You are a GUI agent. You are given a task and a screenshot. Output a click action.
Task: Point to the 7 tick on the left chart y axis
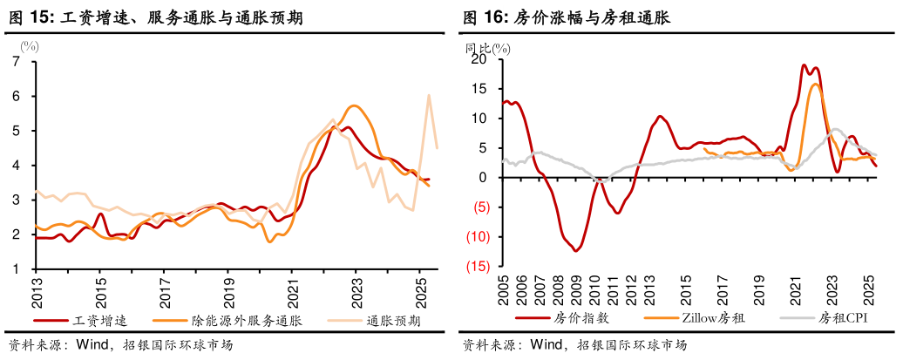pos(16,61)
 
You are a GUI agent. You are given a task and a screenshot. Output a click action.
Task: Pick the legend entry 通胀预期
pos(393,321)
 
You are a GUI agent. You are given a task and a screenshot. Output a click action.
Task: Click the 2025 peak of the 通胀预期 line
pos(429,95)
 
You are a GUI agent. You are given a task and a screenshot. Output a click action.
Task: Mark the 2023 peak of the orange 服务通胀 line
pos(354,105)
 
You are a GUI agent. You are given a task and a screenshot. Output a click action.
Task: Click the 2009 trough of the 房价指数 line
pos(576,250)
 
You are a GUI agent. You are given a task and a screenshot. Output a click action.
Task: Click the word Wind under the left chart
pos(91,344)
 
